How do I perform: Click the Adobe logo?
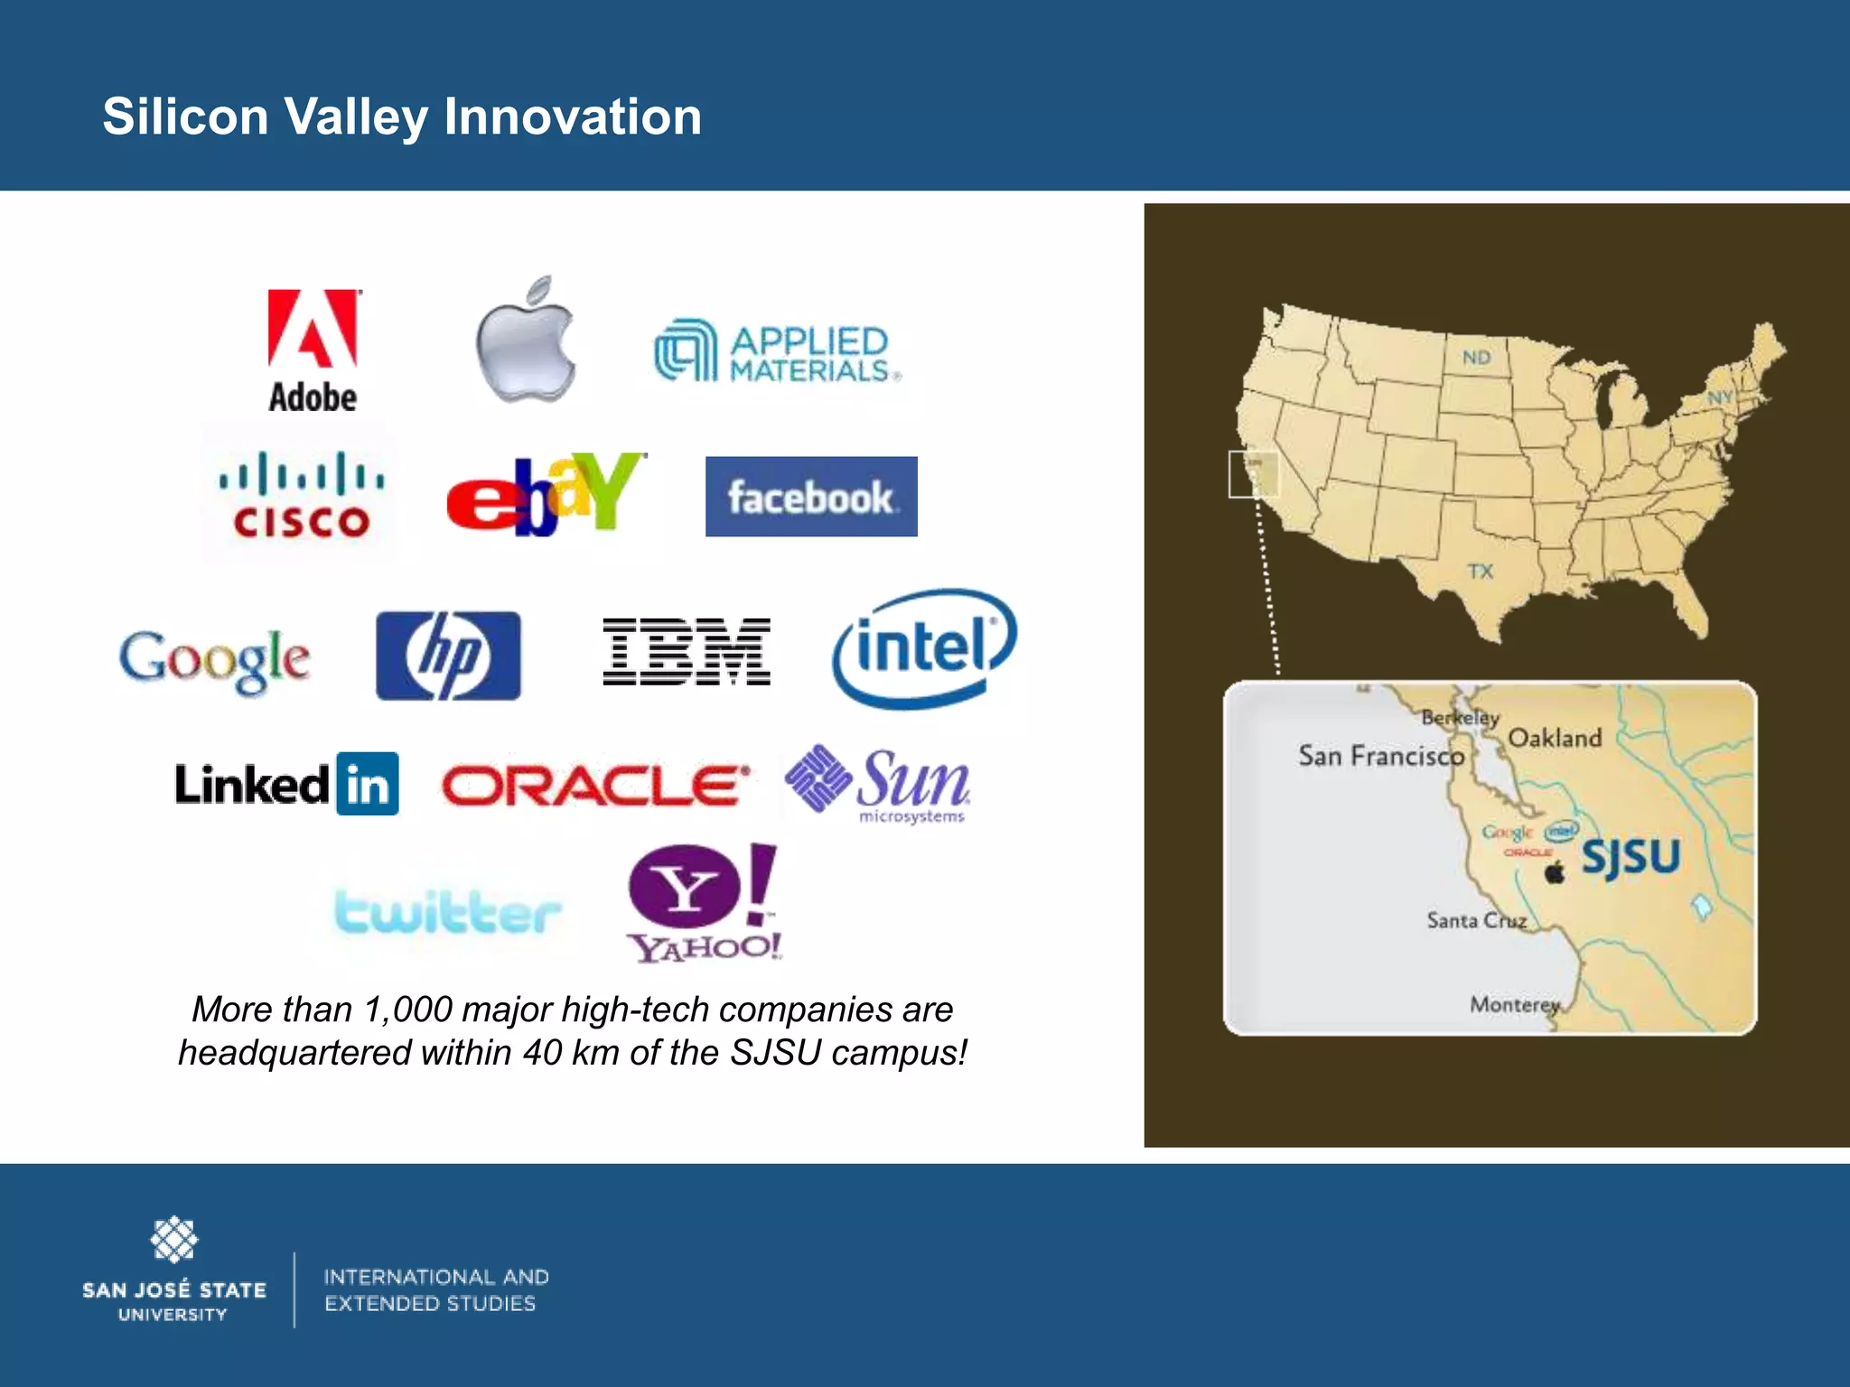(x=313, y=350)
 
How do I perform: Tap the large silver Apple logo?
(x=527, y=341)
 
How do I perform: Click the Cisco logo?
(x=301, y=495)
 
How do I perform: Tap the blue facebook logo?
(x=811, y=497)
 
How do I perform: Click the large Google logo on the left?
(x=215, y=659)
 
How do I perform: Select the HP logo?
(x=448, y=656)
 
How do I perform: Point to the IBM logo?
(x=687, y=652)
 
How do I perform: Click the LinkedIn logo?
(x=286, y=784)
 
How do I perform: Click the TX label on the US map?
(x=1481, y=572)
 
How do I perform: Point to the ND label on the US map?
(x=1476, y=358)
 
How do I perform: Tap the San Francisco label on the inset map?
(x=1380, y=756)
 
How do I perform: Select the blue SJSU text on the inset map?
(x=1630, y=856)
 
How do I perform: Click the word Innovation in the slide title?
(x=573, y=117)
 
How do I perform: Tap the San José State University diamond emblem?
(x=173, y=1239)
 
